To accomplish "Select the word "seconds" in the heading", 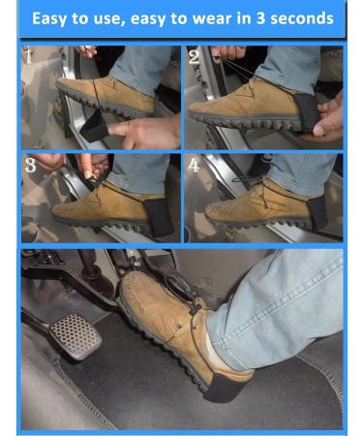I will [305, 18].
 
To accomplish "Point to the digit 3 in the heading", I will [266, 18].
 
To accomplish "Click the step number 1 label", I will [28, 56].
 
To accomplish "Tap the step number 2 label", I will [194, 57].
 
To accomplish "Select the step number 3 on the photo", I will [30, 165].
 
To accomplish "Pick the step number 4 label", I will [194, 165].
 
